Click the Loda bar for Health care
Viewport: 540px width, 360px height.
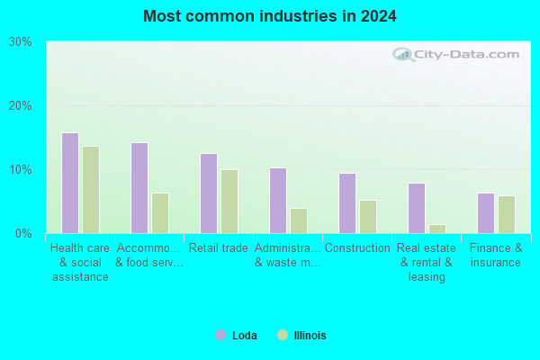tap(70, 183)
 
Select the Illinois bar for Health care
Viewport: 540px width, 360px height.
tap(91, 190)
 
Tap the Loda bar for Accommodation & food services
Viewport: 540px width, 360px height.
tap(139, 188)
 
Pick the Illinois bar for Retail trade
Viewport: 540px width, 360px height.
tap(229, 202)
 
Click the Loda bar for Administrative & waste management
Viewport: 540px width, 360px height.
tap(278, 201)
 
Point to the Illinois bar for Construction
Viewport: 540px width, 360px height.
tap(368, 217)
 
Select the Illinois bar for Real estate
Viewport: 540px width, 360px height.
tap(437, 229)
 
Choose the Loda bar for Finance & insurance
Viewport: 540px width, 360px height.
tap(486, 213)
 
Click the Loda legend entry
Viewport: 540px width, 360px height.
tap(236, 335)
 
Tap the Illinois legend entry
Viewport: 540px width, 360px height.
tap(301, 335)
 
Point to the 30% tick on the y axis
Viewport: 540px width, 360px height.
tap(21, 42)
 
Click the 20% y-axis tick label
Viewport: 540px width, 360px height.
tap(21, 106)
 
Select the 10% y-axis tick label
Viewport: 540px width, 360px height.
tap(21, 169)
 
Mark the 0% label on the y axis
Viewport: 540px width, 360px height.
tap(23, 234)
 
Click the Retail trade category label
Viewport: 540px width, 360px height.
tap(219, 247)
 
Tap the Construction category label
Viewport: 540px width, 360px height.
tap(357, 247)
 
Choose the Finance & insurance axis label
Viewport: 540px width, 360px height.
tap(496, 255)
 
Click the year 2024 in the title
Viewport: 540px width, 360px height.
tap(379, 16)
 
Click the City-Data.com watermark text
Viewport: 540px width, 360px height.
tap(466, 54)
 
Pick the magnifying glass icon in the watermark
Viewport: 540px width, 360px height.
tap(403, 55)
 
